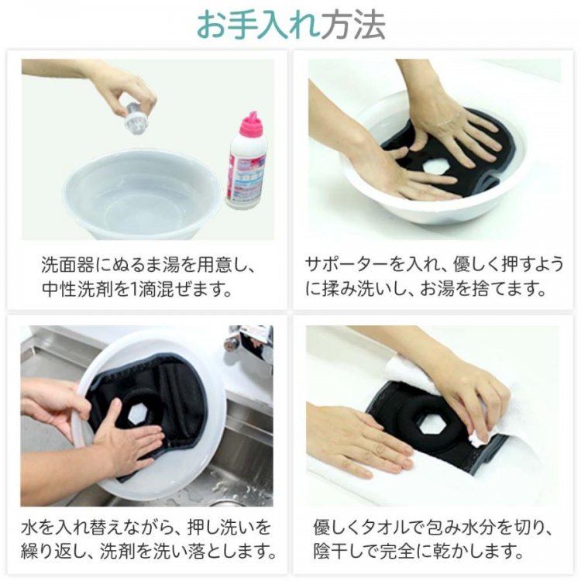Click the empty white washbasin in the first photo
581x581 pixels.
tap(143, 194)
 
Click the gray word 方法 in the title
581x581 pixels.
tap(352, 26)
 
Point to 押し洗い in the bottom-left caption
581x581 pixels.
tap(223, 528)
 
